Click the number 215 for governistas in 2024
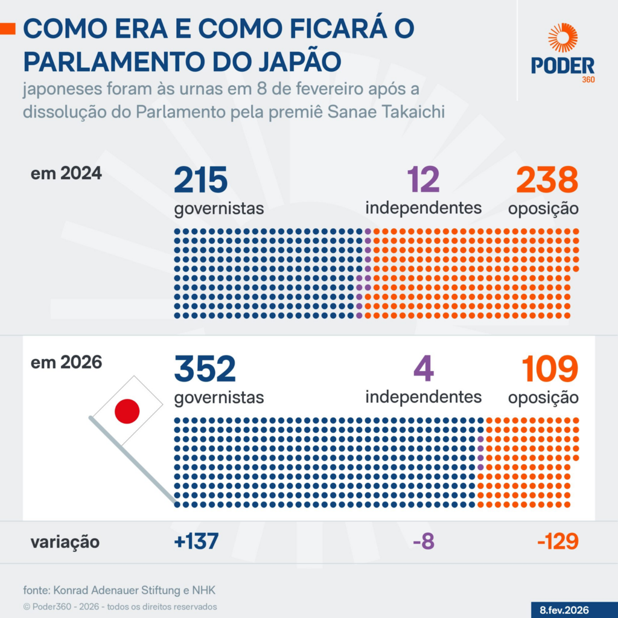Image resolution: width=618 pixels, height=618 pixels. (x=200, y=180)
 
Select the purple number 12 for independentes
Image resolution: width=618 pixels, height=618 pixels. (x=423, y=180)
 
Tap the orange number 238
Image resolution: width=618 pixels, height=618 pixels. (x=547, y=180)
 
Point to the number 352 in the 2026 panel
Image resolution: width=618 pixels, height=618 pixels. (x=205, y=369)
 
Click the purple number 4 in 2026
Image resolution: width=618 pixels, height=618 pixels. (x=423, y=369)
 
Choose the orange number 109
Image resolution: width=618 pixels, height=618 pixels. (x=549, y=369)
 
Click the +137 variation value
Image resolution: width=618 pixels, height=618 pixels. (x=196, y=541)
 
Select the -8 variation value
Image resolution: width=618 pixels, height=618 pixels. (x=423, y=541)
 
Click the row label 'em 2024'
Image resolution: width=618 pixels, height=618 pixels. (x=66, y=174)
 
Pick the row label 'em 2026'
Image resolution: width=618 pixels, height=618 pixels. (x=66, y=363)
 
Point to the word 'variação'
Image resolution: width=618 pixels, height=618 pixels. (x=65, y=542)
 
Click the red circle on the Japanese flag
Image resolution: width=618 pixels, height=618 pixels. (x=127, y=411)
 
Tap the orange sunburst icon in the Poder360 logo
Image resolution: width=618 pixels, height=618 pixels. (x=562, y=37)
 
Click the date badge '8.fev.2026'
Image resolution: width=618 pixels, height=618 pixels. (x=564, y=610)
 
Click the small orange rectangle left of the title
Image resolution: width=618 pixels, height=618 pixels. (x=7, y=28)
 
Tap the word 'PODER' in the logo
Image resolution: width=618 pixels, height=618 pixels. (x=562, y=66)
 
